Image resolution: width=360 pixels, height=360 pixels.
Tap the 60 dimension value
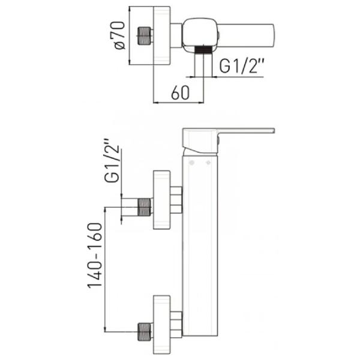coord(181,93)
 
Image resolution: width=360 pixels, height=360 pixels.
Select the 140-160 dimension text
coord(95,255)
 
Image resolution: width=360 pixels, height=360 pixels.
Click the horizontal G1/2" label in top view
coord(241,66)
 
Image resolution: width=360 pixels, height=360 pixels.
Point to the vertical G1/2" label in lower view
coord(113,160)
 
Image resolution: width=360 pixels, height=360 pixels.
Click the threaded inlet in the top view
coord(144,36)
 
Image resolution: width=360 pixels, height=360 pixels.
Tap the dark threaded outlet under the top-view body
coord(203,50)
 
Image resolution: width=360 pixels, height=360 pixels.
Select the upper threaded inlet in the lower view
coord(144,207)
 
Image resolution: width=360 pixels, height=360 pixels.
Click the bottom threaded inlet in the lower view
coord(144,332)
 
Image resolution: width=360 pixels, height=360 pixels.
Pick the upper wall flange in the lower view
coord(161,200)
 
